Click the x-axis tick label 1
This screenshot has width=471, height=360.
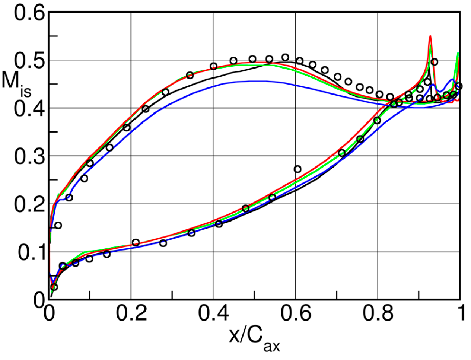click(x=461, y=313)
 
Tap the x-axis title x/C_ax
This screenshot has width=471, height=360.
click(x=254, y=337)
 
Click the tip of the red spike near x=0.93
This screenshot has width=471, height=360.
click(x=430, y=36)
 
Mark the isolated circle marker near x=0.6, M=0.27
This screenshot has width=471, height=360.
click(x=297, y=169)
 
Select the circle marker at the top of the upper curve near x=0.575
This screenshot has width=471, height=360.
click(x=285, y=57)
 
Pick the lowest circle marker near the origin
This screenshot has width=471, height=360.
click(x=54, y=287)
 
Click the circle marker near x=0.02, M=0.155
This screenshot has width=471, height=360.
click(x=58, y=225)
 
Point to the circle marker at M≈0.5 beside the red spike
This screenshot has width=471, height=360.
click(x=434, y=62)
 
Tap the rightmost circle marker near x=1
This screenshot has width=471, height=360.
click(x=459, y=86)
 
